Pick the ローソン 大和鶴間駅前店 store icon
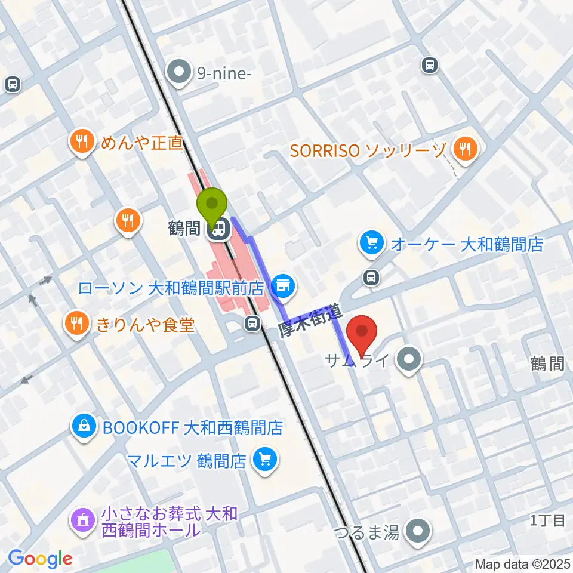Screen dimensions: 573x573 (285, 287)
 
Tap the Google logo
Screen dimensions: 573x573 (40, 559)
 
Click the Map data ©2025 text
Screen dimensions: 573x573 (522, 563)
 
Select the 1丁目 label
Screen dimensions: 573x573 (547, 520)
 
